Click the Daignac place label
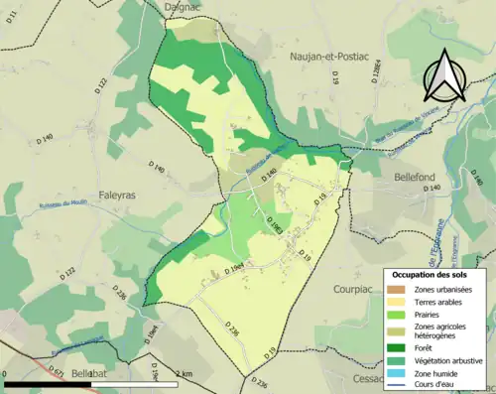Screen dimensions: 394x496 pos(187,8)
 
